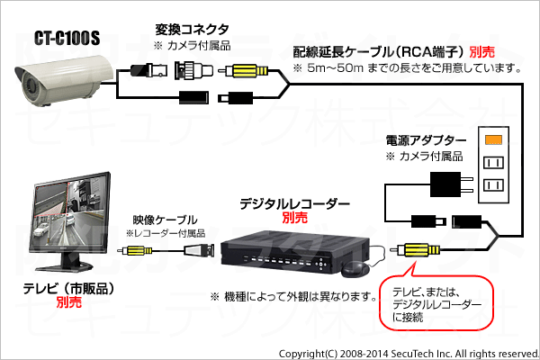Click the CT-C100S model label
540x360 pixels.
[67, 38]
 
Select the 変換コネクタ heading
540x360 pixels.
[192, 30]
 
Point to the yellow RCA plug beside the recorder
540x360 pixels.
[417, 250]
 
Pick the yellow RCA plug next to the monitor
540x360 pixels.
[137, 250]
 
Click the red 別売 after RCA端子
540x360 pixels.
[482, 52]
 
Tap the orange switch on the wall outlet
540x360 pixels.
[493, 139]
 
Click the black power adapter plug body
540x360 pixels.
[445, 184]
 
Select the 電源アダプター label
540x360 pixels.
[426, 140]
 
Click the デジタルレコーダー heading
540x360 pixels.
[295, 204]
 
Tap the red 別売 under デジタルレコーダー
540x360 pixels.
[295, 218]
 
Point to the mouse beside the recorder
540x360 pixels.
[355, 269]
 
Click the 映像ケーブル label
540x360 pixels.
[166, 220]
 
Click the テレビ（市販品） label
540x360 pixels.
[69, 288]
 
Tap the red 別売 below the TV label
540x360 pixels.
[69, 302]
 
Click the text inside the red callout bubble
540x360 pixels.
[436, 304]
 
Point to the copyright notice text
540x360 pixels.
[409, 354]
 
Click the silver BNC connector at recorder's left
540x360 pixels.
[199, 250]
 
